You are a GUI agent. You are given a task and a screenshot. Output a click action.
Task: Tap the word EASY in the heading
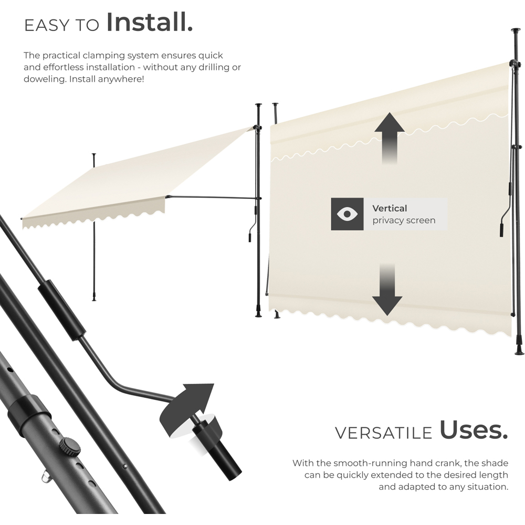[47, 25]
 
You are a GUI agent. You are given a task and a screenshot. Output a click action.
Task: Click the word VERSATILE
[383, 433]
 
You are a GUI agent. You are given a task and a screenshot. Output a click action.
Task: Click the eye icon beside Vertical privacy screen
[347, 214]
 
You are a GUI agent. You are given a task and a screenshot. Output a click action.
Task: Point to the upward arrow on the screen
[390, 138]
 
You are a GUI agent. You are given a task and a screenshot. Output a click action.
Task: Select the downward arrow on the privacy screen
[387, 289]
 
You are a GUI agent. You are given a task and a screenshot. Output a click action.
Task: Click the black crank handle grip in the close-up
[215, 450]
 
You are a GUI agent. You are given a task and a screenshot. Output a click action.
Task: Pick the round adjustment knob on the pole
[69, 446]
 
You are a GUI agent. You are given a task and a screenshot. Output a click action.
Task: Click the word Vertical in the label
[390, 208]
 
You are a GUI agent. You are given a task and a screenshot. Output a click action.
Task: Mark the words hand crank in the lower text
[432, 463]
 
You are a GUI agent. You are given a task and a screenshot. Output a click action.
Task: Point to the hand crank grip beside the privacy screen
[501, 230]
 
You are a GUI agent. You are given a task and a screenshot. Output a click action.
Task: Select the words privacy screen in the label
[404, 220]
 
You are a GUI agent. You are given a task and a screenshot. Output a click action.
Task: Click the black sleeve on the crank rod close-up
[61, 310]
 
